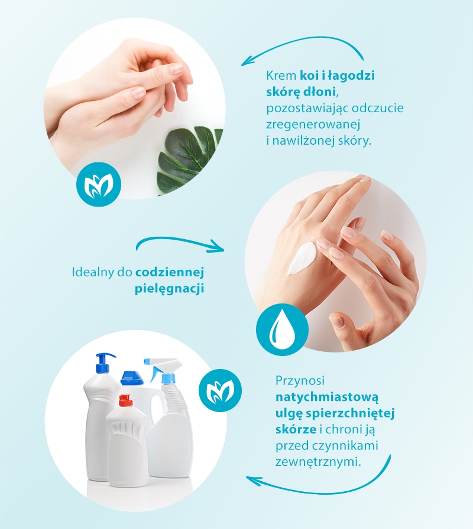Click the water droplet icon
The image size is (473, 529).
(x=282, y=329)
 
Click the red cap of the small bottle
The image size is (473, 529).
(x=125, y=400)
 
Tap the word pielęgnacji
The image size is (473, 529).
(x=170, y=289)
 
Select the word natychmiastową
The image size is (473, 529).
(x=327, y=397)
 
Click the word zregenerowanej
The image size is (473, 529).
(x=313, y=125)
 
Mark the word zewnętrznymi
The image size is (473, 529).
(x=318, y=462)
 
